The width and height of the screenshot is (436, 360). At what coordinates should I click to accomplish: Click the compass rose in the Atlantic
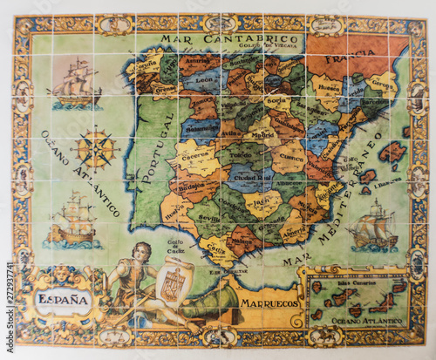[x=94, y=147]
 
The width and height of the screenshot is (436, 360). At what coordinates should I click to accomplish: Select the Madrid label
[x=261, y=134]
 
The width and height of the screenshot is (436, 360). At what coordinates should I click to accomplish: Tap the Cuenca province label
[x=293, y=159]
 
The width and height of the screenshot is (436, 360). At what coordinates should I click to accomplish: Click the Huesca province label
[x=329, y=87]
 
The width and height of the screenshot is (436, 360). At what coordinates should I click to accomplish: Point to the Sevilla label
[x=209, y=219]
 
